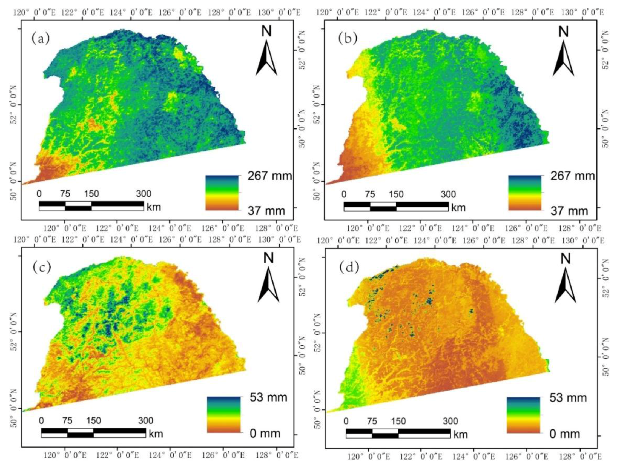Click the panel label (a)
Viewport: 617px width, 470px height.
tap(41, 39)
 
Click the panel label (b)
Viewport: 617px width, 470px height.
tap(348, 39)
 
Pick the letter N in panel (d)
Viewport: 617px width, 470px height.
tap(566, 259)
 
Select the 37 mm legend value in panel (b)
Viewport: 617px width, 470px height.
tap(569, 211)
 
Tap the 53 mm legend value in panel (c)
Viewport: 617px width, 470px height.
tap(268, 397)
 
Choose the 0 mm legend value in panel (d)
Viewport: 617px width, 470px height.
tap(565, 434)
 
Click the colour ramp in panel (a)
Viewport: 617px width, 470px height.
tap(222, 193)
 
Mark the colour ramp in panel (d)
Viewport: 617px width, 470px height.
tap(523, 415)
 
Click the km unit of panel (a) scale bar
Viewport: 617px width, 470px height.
tap(154, 207)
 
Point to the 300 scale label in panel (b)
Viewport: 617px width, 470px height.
tap(448, 194)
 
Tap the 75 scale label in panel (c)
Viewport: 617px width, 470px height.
tap(67, 420)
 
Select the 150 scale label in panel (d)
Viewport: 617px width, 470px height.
tap(398, 421)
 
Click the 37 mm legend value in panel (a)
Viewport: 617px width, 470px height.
tap(266, 211)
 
